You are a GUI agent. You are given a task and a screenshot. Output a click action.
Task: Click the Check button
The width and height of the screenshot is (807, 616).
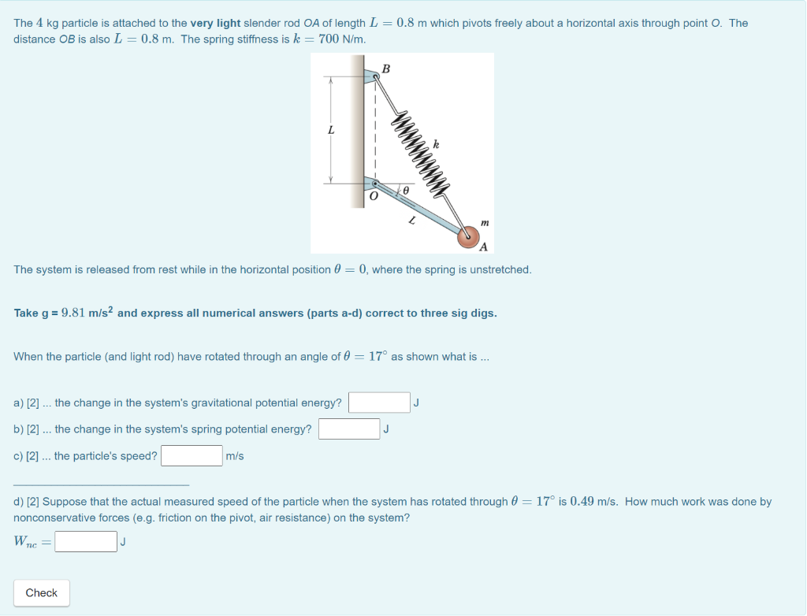(x=41, y=593)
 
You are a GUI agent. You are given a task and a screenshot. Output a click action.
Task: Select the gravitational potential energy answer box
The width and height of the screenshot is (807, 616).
(x=379, y=403)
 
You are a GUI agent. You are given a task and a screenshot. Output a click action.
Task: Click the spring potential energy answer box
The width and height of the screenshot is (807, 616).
(x=349, y=429)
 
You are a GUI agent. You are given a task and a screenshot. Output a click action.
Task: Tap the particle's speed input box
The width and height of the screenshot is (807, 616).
(x=192, y=456)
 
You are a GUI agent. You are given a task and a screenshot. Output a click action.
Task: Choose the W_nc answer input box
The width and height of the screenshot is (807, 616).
(x=86, y=542)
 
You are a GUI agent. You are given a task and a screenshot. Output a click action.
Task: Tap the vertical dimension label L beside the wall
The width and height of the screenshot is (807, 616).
(x=332, y=130)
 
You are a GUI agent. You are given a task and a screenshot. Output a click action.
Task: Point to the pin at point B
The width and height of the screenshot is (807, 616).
(x=376, y=77)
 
